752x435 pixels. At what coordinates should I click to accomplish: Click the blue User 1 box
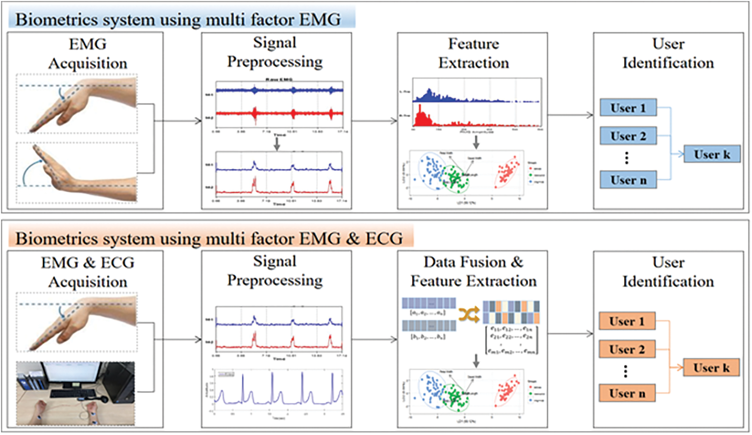[x=628, y=108]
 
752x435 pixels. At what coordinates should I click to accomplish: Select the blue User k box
[x=712, y=154]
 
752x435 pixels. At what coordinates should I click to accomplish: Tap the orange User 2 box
[x=627, y=349]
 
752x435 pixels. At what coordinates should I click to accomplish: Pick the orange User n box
[x=627, y=393]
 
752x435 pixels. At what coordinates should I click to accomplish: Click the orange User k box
[x=711, y=368]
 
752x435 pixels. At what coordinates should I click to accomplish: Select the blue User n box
[x=628, y=180]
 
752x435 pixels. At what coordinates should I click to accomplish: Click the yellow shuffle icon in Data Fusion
[x=469, y=315]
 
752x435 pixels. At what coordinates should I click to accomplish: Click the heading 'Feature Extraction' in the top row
[x=473, y=53]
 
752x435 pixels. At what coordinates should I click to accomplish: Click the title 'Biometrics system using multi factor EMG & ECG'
[x=209, y=238]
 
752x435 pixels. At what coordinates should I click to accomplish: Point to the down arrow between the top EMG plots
[x=276, y=143]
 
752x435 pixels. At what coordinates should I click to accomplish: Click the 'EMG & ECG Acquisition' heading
[x=88, y=272]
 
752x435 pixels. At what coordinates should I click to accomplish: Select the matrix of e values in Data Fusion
[x=511, y=341]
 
